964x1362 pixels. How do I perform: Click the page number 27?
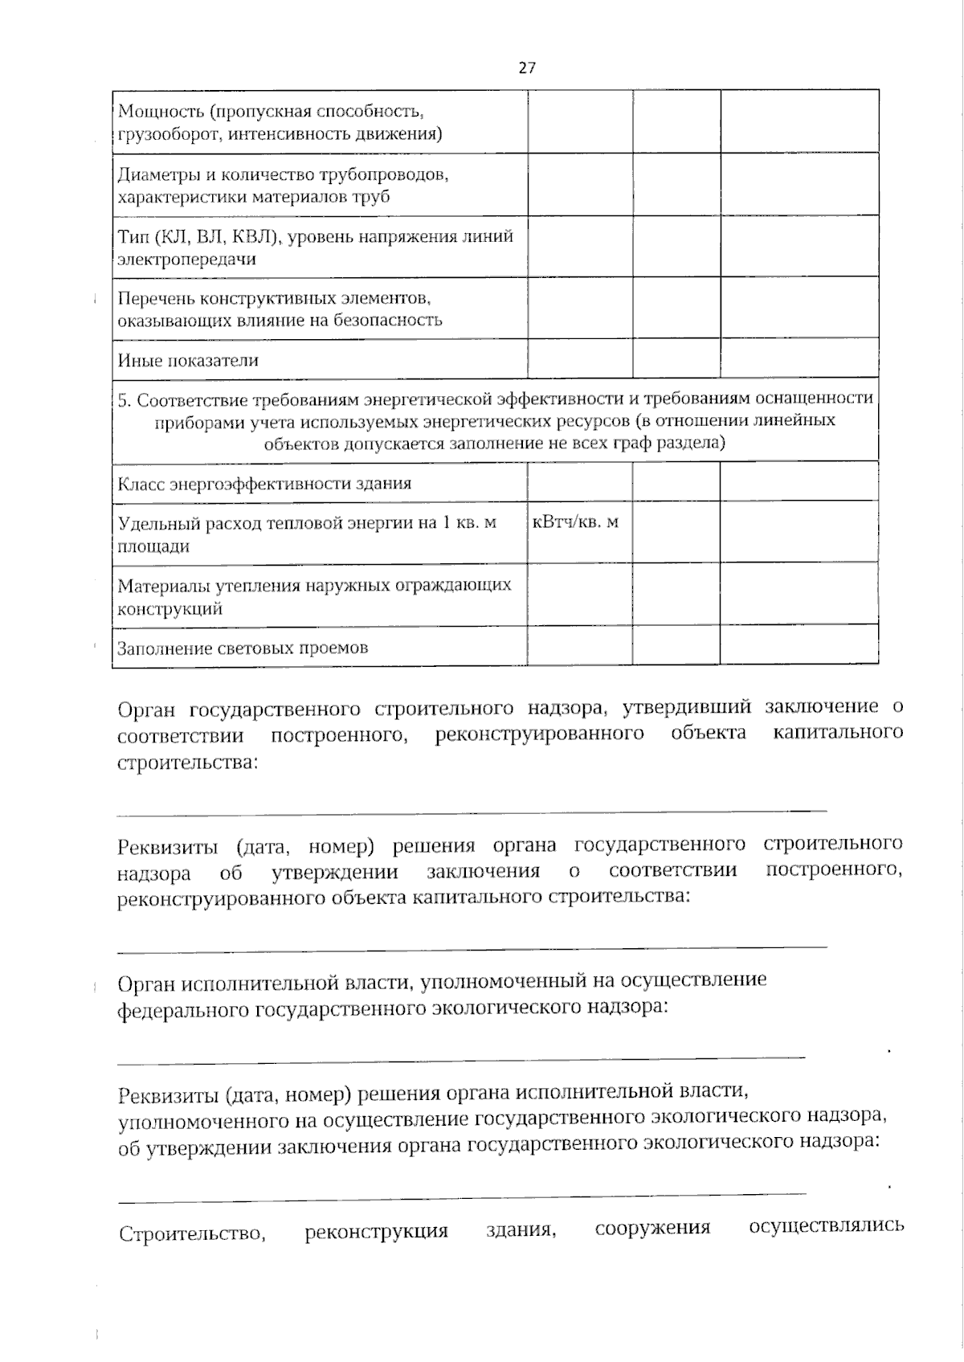[x=526, y=68]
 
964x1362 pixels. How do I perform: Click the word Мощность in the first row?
[x=152, y=110]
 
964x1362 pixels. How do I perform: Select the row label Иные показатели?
[x=188, y=360]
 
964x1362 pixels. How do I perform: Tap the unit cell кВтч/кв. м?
[x=576, y=522]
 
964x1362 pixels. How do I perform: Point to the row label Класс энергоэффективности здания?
[x=264, y=484]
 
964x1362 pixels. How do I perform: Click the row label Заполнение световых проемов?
[x=243, y=648]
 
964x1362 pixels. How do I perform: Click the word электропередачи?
[x=187, y=260]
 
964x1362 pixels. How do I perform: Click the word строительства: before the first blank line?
[x=189, y=762]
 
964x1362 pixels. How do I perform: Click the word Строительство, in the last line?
[x=192, y=1233]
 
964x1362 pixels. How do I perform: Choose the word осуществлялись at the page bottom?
[x=826, y=1226]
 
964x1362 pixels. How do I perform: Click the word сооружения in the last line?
[x=652, y=1229]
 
